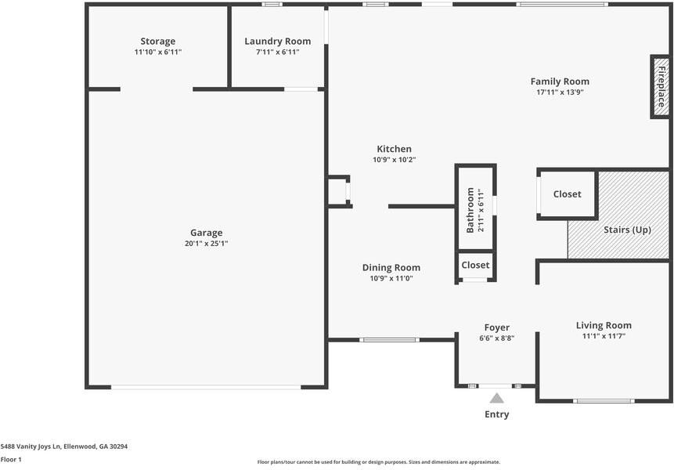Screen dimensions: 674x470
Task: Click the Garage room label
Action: pyautogui.click(x=207, y=233)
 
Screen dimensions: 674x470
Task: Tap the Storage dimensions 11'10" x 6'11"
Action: pyautogui.click(x=158, y=52)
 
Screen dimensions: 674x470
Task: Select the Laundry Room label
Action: pyautogui.click(x=278, y=42)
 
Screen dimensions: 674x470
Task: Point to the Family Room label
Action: pyautogui.click(x=560, y=81)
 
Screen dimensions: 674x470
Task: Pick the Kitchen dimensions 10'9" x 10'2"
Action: pyautogui.click(x=395, y=160)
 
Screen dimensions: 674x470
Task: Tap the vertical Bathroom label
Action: pyautogui.click(x=470, y=210)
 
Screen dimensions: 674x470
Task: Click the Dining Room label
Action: pyautogui.click(x=391, y=267)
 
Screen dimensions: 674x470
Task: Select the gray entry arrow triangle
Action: pyautogui.click(x=496, y=398)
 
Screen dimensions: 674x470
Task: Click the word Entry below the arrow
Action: pyautogui.click(x=497, y=414)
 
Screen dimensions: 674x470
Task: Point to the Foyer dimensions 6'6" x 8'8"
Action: pyautogui.click(x=497, y=338)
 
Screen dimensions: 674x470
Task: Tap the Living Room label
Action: pyautogui.click(x=604, y=326)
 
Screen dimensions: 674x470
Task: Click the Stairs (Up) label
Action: pyautogui.click(x=627, y=230)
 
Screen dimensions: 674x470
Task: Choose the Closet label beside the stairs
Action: pyautogui.click(x=567, y=194)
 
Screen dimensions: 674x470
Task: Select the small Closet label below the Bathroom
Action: pyautogui.click(x=475, y=265)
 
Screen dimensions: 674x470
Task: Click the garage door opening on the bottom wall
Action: pyautogui.click(x=206, y=388)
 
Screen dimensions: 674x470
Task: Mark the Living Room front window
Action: pyautogui.click(x=604, y=401)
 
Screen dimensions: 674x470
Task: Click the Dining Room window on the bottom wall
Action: pyautogui.click(x=389, y=340)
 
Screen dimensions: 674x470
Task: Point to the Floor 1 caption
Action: pyautogui.click(x=11, y=459)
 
